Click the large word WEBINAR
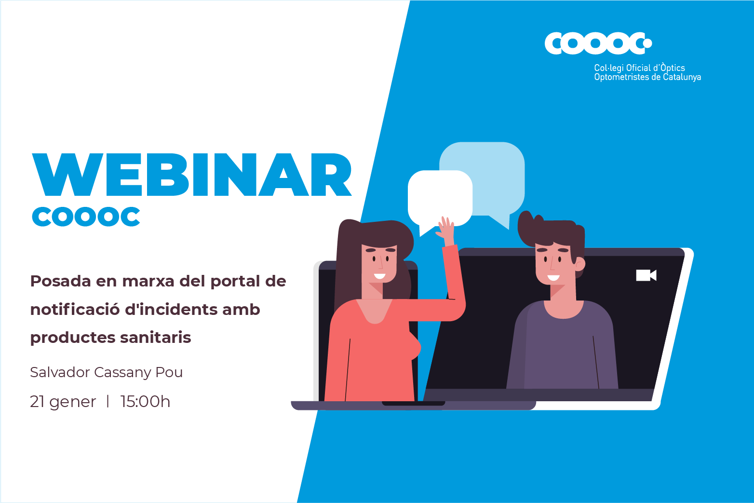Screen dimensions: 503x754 (x=192, y=175)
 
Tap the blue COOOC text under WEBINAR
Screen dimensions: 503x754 (x=86, y=217)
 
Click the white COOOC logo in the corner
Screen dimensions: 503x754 (x=598, y=43)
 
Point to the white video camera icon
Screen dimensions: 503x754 (x=646, y=275)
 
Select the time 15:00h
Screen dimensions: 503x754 (x=145, y=402)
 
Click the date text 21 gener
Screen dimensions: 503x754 (x=63, y=402)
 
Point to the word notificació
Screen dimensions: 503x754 (x=74, y=309)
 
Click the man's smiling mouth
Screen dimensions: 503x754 (x=553, y=278)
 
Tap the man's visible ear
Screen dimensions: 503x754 (x=580, y=264)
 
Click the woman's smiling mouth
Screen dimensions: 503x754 (x=380, y=276)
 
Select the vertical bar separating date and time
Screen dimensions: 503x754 (x=108, y=401)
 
